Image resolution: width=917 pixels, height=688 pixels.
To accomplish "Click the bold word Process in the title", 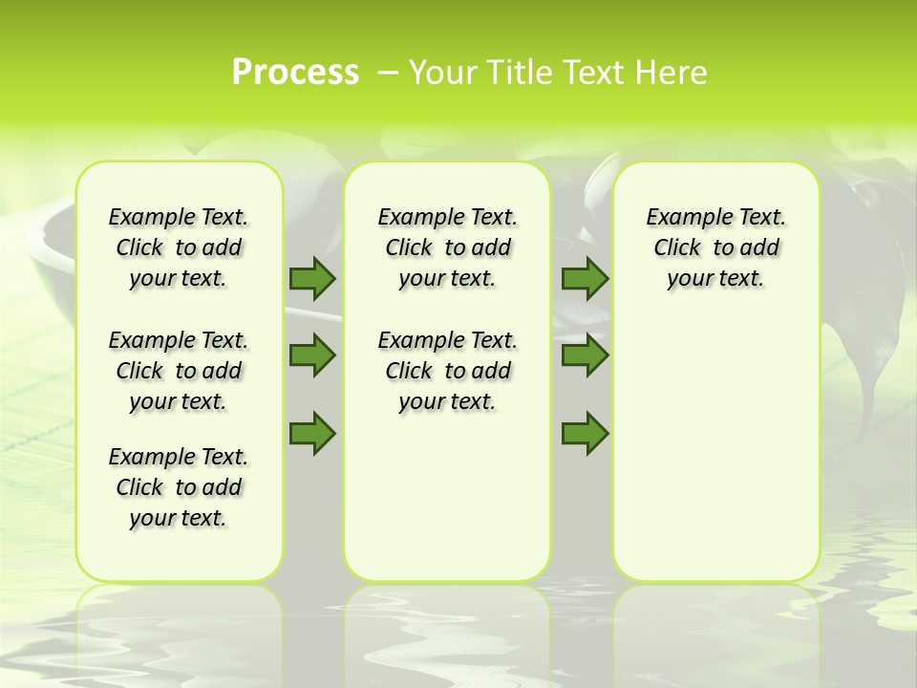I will click(295, 72).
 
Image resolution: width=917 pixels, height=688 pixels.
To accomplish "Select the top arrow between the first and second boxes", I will click(312, 278).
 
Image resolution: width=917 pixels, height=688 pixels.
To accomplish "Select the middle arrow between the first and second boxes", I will click(312, 355).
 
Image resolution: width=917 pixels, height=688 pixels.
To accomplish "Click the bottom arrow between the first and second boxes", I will click(312, 434).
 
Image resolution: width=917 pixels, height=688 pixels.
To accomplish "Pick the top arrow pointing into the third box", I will click(585, 278).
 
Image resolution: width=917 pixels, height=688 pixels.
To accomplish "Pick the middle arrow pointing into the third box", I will click(585, 355).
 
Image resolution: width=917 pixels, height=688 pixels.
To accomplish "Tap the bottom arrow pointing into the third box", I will click(585, 434).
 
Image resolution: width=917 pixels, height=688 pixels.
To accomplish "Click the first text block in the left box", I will click(179, 247).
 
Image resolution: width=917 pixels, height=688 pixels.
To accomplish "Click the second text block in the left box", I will click(179, 371).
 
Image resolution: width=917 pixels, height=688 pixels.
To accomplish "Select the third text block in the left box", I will click(179, 487).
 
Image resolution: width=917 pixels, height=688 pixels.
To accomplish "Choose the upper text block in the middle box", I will click(447, 247).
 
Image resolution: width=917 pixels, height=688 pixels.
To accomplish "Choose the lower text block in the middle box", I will click(447, 371).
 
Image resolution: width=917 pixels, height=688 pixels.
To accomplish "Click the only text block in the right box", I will click(715, 247).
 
